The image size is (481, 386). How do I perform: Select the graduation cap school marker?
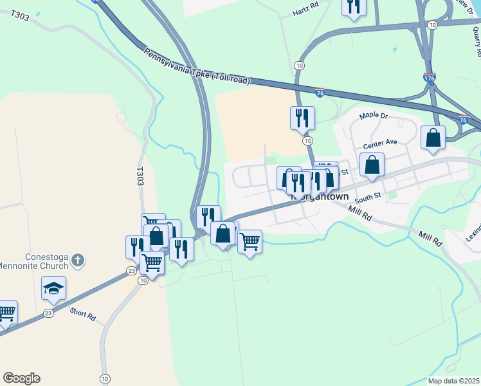click(54, 288)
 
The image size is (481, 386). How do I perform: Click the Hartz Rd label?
click(305, 12)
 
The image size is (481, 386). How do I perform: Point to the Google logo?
click(21, 378)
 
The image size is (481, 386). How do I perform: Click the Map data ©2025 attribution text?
click(453, 381)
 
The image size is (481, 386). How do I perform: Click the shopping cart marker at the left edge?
click(6, 313)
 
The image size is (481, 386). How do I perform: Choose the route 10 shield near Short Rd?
click(105, 378)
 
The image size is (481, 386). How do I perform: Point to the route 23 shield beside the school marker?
click(48, 313)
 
